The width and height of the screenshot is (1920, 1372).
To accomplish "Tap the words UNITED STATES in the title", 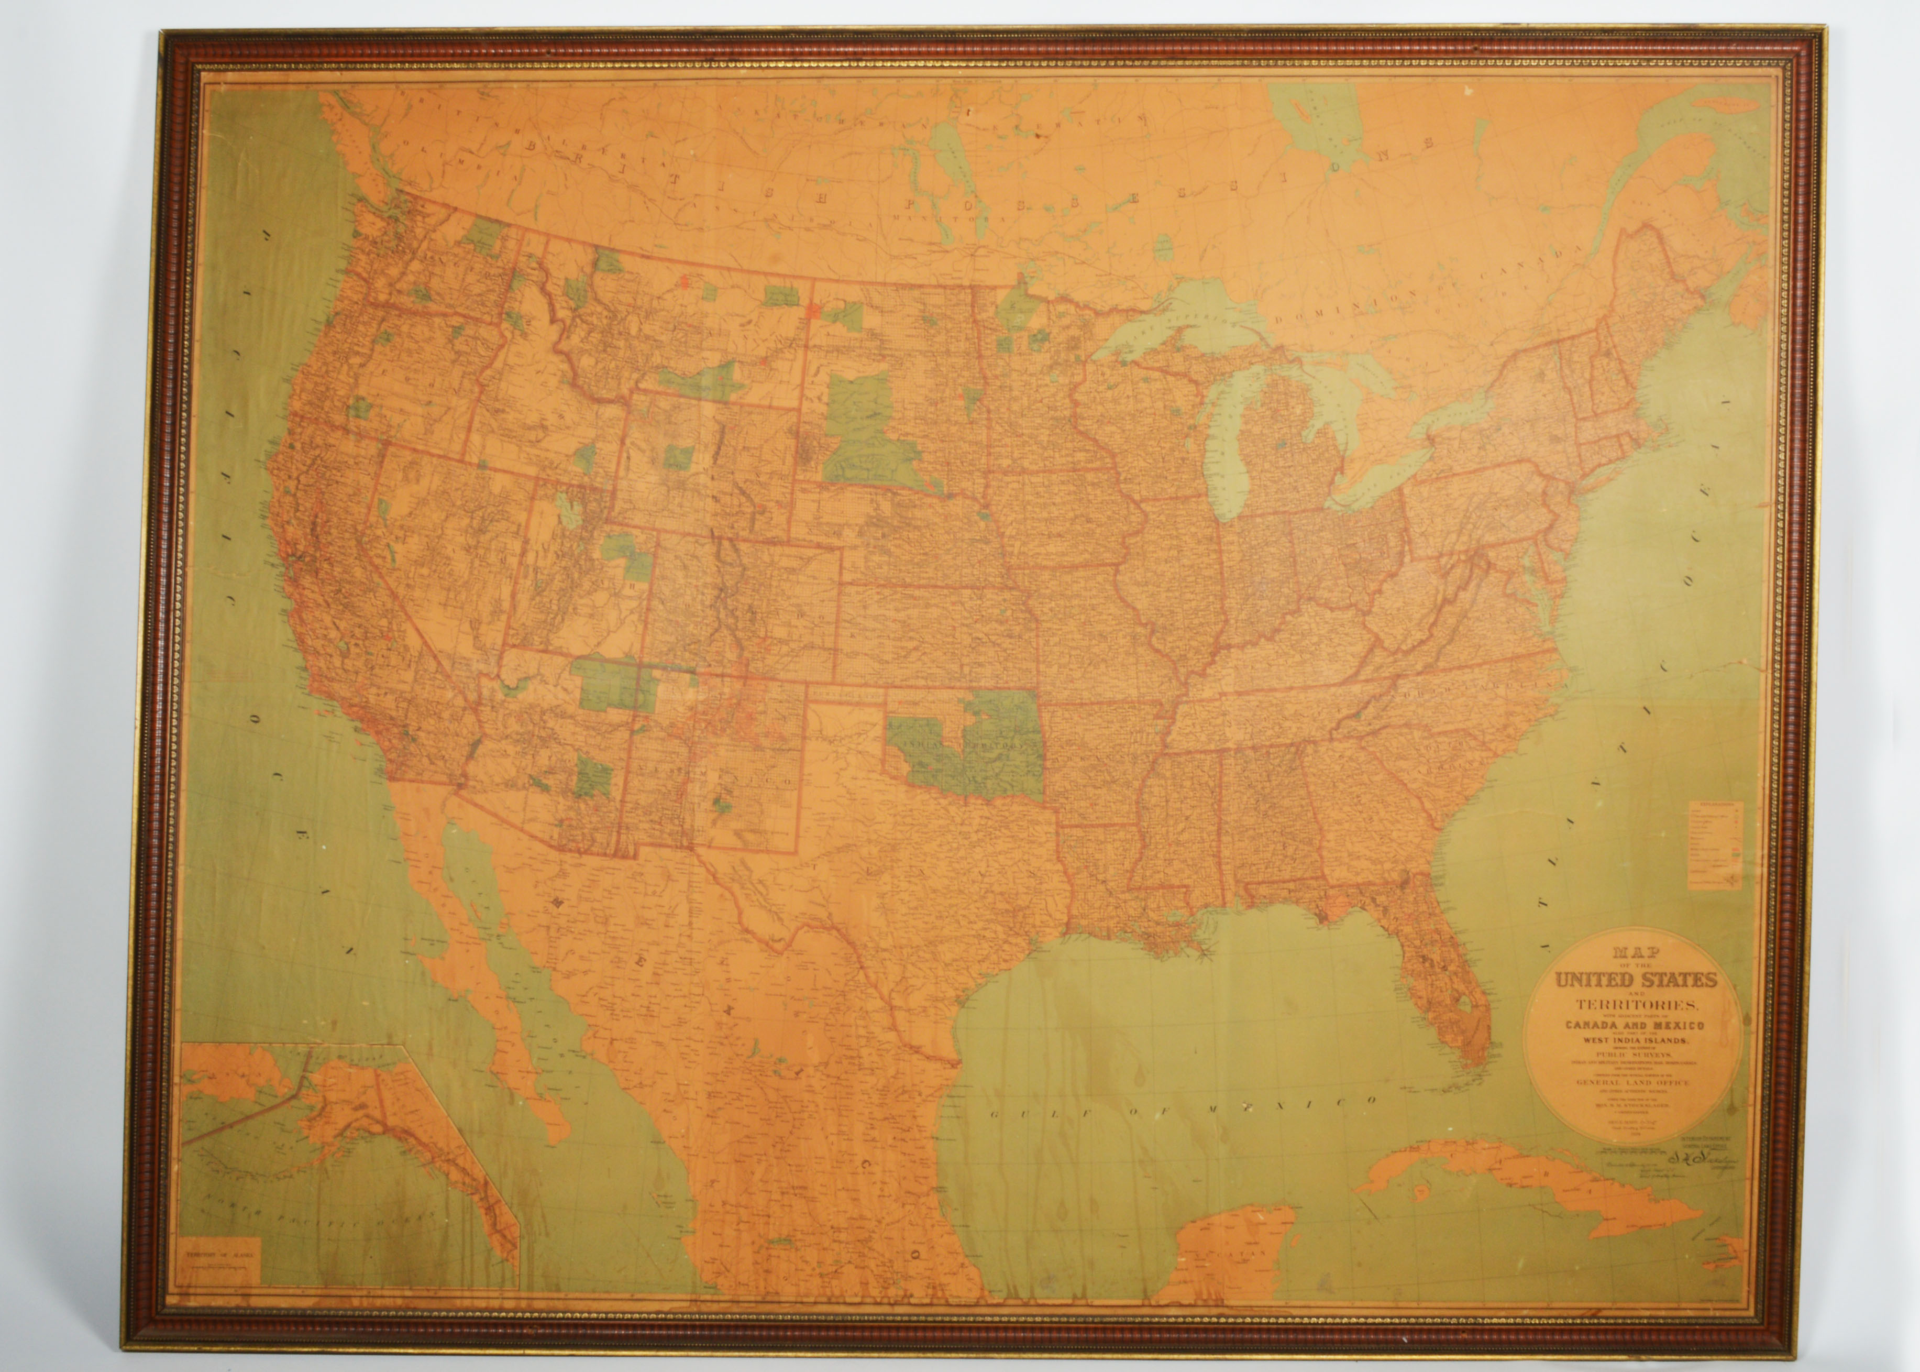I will [1633, 981].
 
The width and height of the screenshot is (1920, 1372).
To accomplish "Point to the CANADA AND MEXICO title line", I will [1633, 1025].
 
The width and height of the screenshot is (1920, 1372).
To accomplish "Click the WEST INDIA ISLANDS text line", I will [1633, 1041].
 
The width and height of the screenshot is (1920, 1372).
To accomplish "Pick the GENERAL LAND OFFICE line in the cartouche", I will [1633, 1082].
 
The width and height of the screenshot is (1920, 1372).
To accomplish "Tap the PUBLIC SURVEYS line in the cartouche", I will [1633, 1055].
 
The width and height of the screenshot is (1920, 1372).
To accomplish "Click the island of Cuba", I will [1520, 1191].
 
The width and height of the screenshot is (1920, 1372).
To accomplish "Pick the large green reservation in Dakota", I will [870, 431].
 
